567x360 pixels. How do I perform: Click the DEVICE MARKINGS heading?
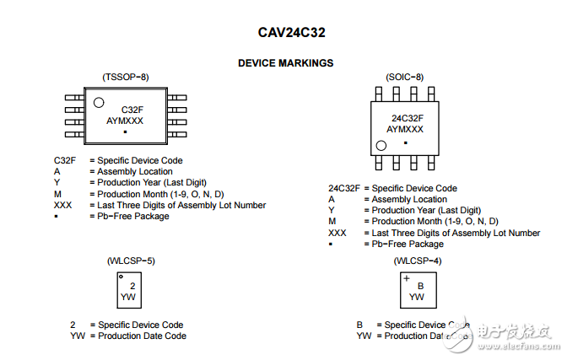tap(285, 63)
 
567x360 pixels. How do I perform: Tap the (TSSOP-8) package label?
tap(125, 77)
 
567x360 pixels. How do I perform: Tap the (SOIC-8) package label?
tap(405, 77)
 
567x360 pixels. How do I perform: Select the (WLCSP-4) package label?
tap(417, 261)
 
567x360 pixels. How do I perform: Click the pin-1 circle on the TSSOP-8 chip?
tap(99, 103)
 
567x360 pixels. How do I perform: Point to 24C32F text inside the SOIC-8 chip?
tap(407, 119)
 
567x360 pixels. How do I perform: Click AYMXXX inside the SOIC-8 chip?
tap(405, 130)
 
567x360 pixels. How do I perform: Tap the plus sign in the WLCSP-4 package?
tap(407, 277)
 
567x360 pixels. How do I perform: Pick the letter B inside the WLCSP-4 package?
tap(420, 286)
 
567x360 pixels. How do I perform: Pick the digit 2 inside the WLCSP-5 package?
tap(132, 286)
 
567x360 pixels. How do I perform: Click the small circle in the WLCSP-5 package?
tap(121, 277)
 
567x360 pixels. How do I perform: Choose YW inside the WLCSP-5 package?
tap(128, 297)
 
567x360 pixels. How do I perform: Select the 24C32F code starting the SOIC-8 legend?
tap(344, 188)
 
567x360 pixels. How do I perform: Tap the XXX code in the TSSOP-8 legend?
tap(63, 205)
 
